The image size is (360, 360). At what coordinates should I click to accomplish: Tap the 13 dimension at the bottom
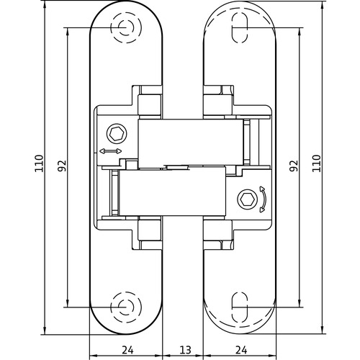pos(184,350)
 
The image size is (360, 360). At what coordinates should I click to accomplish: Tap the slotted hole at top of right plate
pos(240,29)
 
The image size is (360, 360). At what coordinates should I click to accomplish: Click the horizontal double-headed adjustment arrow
pos(110,152)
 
